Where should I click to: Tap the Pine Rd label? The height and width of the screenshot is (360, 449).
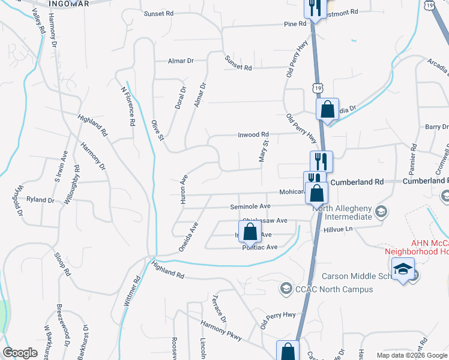[x=295, y=24]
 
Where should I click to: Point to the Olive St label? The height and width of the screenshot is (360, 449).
[x=158, y=130]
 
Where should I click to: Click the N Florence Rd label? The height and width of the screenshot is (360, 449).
[x=128, y=106]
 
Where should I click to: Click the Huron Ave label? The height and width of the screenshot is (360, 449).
[x=182, y=190]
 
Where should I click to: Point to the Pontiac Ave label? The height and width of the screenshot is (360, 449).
[x=260, y=247]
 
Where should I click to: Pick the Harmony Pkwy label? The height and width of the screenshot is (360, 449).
[x=221, y=331]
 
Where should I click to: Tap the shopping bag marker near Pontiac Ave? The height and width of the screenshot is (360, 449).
[x=249, y=231]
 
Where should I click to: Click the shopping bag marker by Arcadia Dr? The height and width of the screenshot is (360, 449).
[x=327, y=110]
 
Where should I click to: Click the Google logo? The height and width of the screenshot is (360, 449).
[x=20, y=353]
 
